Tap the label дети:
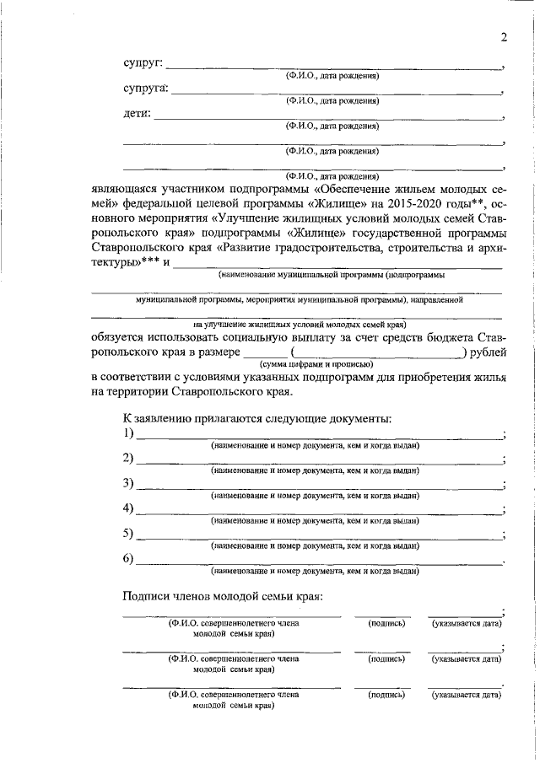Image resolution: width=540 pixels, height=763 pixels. pos(137,114)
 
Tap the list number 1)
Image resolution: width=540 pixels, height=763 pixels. pos(129,433)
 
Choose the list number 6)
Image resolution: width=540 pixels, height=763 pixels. pos(129,558)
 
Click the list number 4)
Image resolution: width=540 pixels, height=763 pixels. pos(129,508)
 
